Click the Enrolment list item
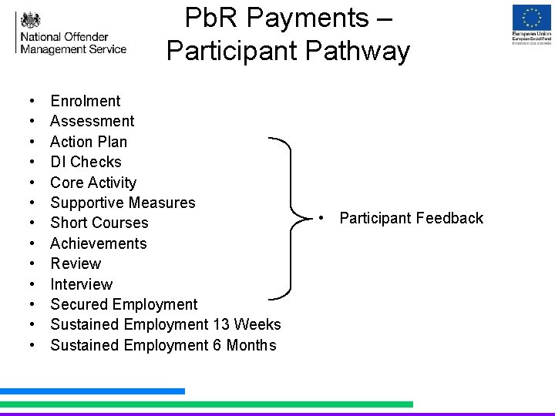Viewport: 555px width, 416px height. [x=85, y=101]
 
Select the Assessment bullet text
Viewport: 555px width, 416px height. [x=92, y=121]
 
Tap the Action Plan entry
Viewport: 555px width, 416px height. [x=89, y=142]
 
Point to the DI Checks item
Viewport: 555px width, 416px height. [x=86, y=162]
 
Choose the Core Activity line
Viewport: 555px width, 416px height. [x=92, y=183]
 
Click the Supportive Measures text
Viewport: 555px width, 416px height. [x=123, y=203]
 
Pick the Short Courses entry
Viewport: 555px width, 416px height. [x=99, y=223]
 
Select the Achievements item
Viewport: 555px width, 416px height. [x=98, y=243]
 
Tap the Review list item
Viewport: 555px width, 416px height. [x=76, y=263]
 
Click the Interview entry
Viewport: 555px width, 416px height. [x=81, y=284]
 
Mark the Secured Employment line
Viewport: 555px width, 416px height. [x=123, y=304]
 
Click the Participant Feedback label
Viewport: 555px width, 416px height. [x=411, y=218]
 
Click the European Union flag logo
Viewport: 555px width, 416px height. [x=531, y=17]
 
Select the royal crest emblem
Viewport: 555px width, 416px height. [x=30, y=19]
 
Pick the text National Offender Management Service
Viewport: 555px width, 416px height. [x=73, y=43]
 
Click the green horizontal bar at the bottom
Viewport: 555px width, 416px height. [x=206, y=404]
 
